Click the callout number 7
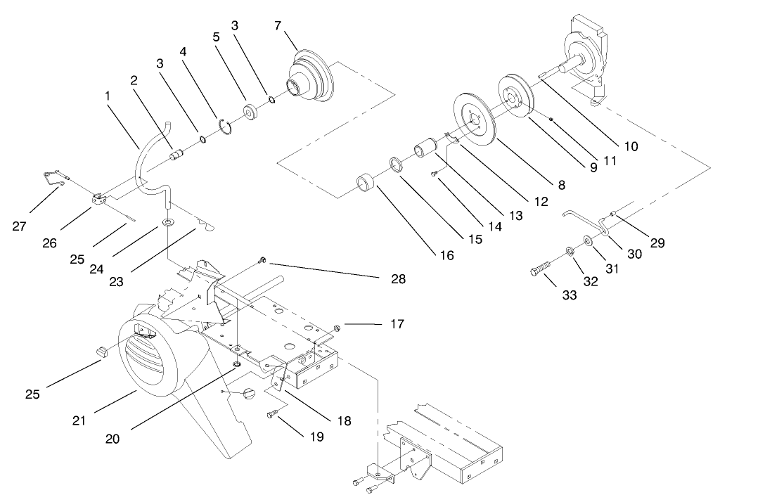(x=278, y=26)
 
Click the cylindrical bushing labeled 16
(x=366, y=184)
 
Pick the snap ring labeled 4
(x=226, y=126)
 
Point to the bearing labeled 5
(x=250, y=112)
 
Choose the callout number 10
(x=630, y=146)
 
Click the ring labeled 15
(x=396, y=167)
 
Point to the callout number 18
(x=343, y=420)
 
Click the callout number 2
(x=132, y=80)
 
